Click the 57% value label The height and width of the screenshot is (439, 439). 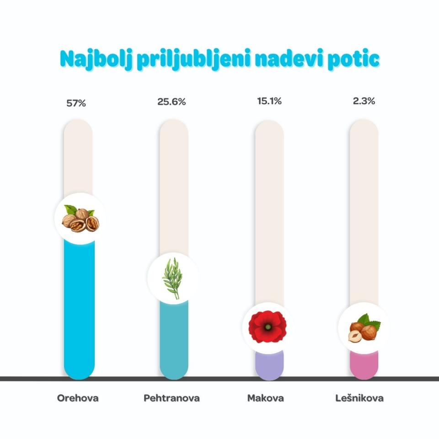point(76,103)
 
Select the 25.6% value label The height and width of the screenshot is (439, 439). point(171,102)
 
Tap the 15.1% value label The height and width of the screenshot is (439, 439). point(269,101)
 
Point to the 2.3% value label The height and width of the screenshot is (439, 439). point(364,101)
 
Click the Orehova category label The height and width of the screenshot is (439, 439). point(78,398)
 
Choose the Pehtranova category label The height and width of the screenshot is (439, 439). point(171,398)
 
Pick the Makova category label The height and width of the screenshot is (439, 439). point(265,398)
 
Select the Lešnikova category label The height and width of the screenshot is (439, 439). point(359,398)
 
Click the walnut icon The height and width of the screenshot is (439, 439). point(80,219)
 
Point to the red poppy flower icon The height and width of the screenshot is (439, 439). point(268,327)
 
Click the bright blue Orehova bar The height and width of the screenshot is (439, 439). point(80,311)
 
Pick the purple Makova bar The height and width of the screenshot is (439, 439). point(269,366)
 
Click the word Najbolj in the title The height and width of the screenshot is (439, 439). point(96,60)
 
